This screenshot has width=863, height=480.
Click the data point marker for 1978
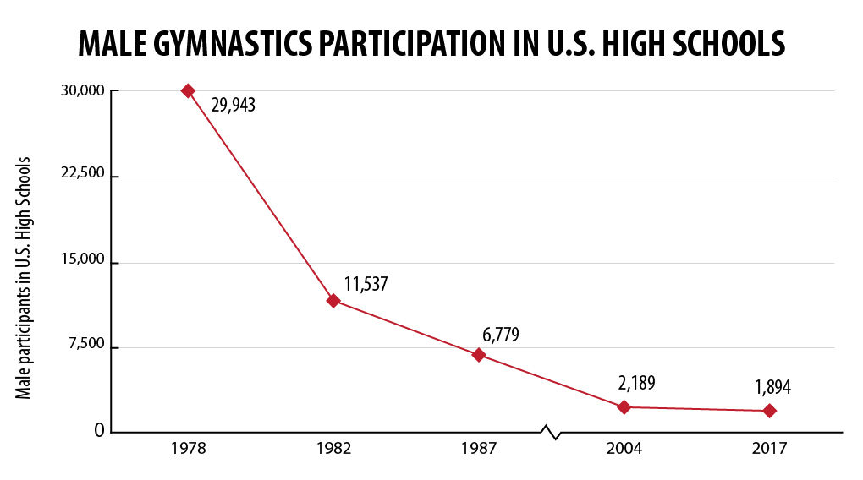[x=188, y=90]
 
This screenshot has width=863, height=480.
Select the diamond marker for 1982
[x=333, y=300]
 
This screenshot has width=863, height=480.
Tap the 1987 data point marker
[x=479, y=355]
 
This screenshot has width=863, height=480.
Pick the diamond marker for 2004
[x=624, y=406]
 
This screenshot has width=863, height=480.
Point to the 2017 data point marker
[x=769, y=411]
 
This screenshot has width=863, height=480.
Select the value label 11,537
[x=366, y=284]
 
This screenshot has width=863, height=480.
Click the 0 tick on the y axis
[x=99, y=431]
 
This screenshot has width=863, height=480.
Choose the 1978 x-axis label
[x=188, y=449]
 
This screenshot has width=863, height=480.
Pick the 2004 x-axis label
[x=624, y=449]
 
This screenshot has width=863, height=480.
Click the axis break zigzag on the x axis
[x=552, y=433]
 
